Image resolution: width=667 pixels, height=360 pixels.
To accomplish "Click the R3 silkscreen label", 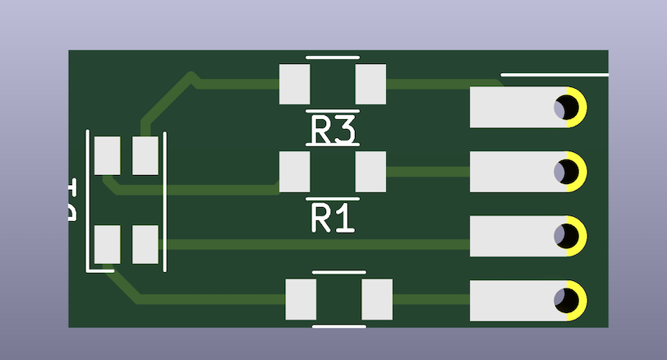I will click(x=333, y=131).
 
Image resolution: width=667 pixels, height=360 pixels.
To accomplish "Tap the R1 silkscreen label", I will click(x=333, y=219).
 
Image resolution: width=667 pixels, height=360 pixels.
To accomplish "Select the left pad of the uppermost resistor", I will click(x=295, y=84).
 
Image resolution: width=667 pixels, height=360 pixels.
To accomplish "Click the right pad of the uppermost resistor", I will click(x=370, y=84).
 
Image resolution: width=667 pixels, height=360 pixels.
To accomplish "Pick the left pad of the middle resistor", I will click(x=295, y=172).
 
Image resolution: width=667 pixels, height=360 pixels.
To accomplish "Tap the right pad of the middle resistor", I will click(x=370, y=172).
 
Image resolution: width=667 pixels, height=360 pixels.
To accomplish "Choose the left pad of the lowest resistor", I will click(x=301, y=299).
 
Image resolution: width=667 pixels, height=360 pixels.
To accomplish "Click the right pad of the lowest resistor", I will click(x=377, y=299).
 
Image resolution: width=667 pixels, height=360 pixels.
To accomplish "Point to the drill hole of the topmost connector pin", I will click(x=565, y=107).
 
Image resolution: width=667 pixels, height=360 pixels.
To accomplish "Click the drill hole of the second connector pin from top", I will click(x=565, y=172).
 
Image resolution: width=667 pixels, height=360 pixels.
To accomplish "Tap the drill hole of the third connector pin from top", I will click(x=565, y=236).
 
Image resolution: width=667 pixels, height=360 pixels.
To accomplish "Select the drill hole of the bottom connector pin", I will click(x=565, y=300).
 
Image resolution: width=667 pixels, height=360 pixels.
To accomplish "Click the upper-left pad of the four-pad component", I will click(x=107, y=155).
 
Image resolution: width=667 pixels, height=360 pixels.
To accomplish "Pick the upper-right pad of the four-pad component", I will click(x=145, y=155).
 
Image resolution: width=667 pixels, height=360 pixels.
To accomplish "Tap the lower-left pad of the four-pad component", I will click(x=107, y=244).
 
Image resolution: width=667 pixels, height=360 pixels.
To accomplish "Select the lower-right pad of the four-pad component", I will click(x=145, y=244).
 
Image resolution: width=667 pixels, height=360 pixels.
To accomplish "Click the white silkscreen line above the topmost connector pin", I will click(x=554, y=75).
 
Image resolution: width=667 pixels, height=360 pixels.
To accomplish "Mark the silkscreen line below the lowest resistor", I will click(x=339, y=326).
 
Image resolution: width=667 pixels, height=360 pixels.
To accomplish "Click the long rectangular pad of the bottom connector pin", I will click(x=513, y=300).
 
